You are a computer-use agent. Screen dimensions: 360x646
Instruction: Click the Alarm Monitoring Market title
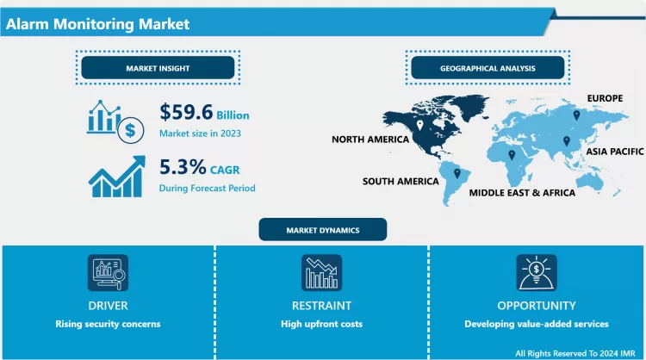pos(97,24)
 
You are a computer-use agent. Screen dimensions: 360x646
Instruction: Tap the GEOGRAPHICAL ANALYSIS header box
pos(488,67)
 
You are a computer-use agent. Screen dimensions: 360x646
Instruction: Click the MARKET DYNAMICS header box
pos(323,230)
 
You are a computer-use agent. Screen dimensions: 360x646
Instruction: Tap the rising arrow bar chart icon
pos(115,175)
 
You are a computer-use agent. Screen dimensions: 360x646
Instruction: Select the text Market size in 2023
pos(200,133)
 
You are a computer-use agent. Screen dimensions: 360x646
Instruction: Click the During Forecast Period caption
pos(207,187)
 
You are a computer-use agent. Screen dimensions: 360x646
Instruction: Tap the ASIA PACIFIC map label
pos(606,151)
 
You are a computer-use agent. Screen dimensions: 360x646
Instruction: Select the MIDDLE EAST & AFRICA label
pos(522,193)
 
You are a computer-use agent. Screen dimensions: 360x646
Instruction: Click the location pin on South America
pos(457,174)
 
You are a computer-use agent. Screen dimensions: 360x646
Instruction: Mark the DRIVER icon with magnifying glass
pos(108,273)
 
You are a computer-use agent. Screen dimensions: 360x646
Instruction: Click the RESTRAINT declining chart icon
pos(321,273)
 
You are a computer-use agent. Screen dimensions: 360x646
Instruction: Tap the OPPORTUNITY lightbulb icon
pos(536,273)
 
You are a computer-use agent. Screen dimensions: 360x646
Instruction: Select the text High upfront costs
pos(321,324)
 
